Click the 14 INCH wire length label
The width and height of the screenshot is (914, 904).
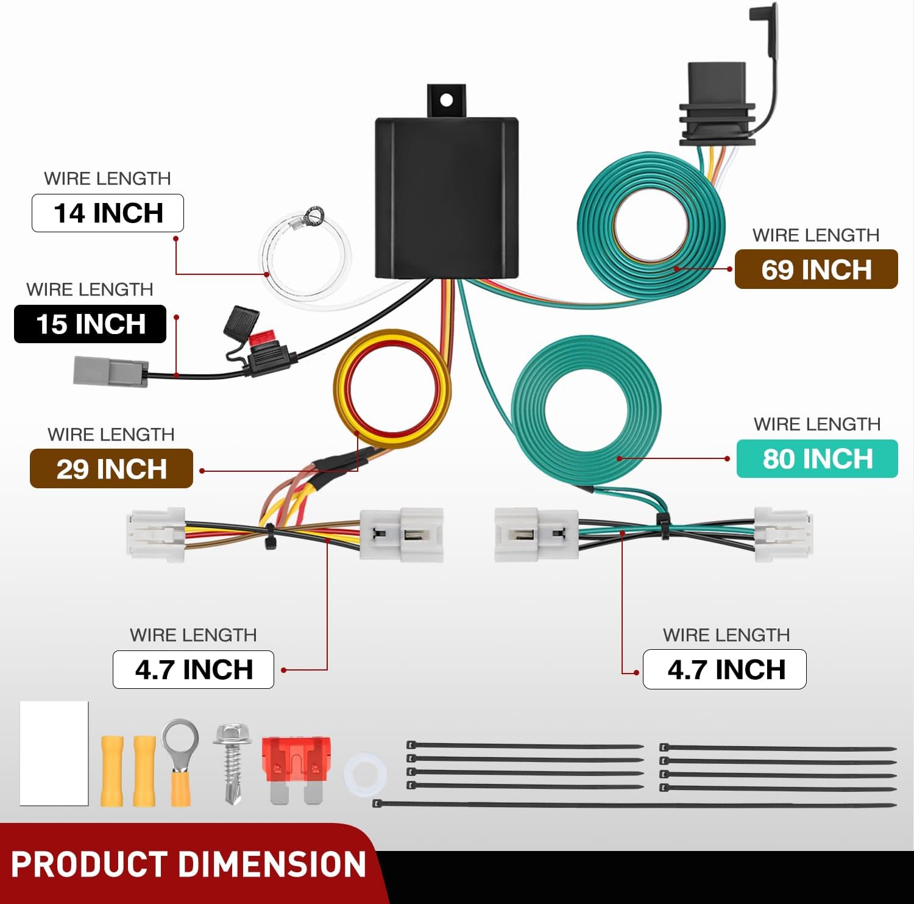point(108,213)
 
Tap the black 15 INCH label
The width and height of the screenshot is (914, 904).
point(90,324)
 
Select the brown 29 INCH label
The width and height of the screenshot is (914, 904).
point(112,469)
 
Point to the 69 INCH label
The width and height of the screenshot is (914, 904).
point(816,269)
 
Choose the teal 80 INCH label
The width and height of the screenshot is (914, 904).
point(817,459)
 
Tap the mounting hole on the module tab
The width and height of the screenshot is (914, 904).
point(447,99)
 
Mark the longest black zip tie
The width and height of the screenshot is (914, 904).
point(634,805)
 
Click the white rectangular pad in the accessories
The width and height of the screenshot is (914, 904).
point(54,753)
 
